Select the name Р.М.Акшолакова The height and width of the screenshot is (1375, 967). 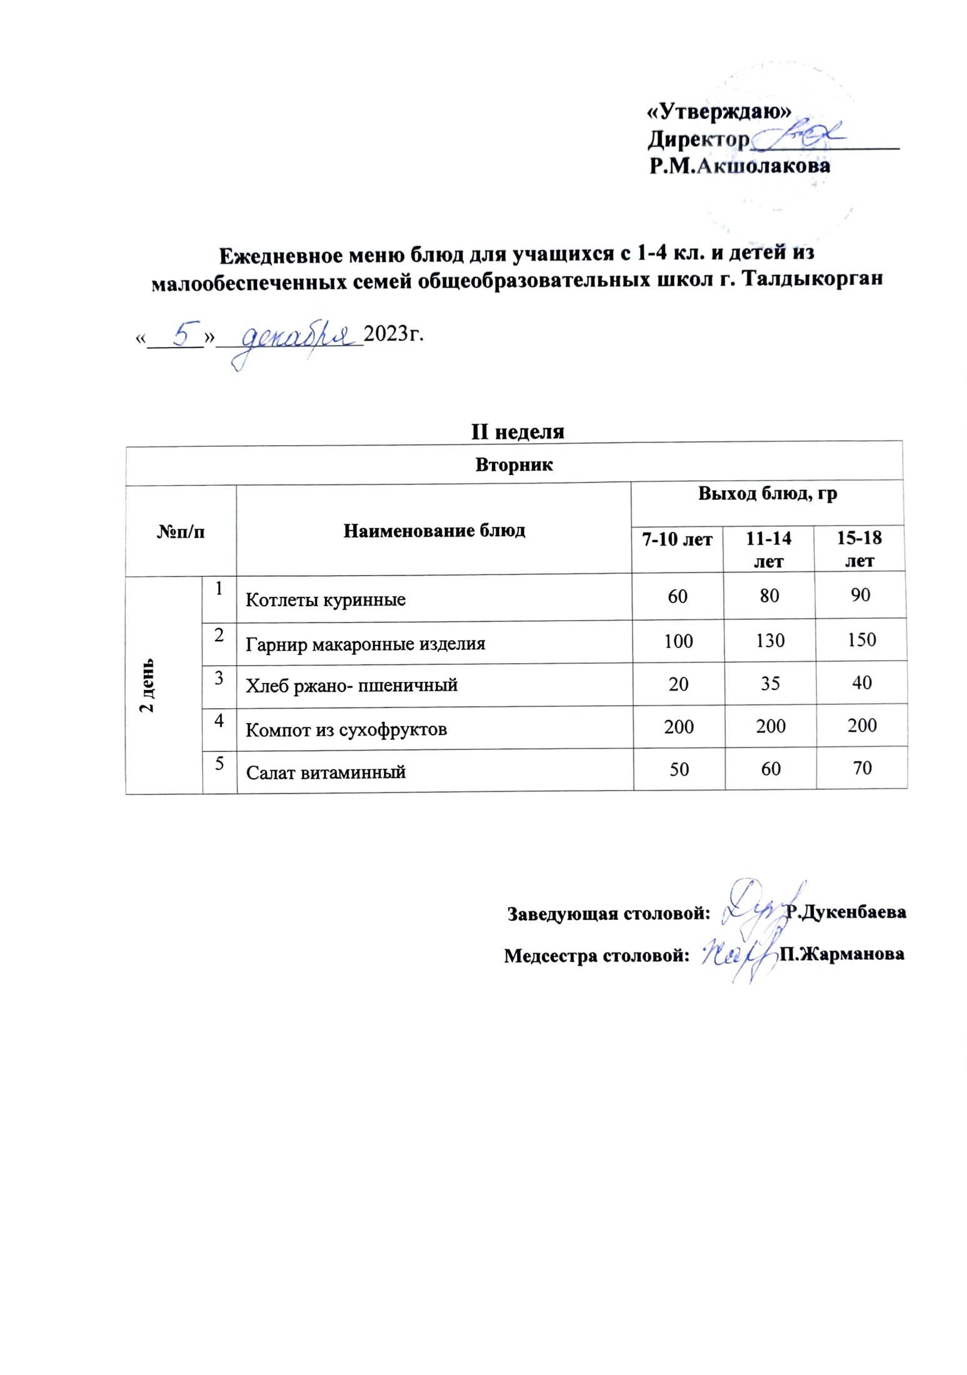(739, 166)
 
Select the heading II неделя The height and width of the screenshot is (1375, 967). (517, 432)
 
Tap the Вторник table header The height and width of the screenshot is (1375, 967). (514, 465)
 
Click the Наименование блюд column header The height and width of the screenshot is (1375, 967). (434, 531)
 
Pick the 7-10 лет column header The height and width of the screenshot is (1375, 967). (677, 539)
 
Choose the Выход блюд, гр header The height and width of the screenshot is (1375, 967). (767, 494)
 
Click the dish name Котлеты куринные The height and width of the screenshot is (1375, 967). (326, 600)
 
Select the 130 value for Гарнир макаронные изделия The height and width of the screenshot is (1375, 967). (769, 641)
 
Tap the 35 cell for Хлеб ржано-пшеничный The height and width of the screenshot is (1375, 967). (769, 684)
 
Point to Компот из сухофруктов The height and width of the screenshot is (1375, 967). (346, 729)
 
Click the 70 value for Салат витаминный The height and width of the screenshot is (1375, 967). (861, 767)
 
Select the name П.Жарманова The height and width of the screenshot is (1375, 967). (841, 954)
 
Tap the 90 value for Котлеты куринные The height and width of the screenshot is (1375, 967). (860, 595)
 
